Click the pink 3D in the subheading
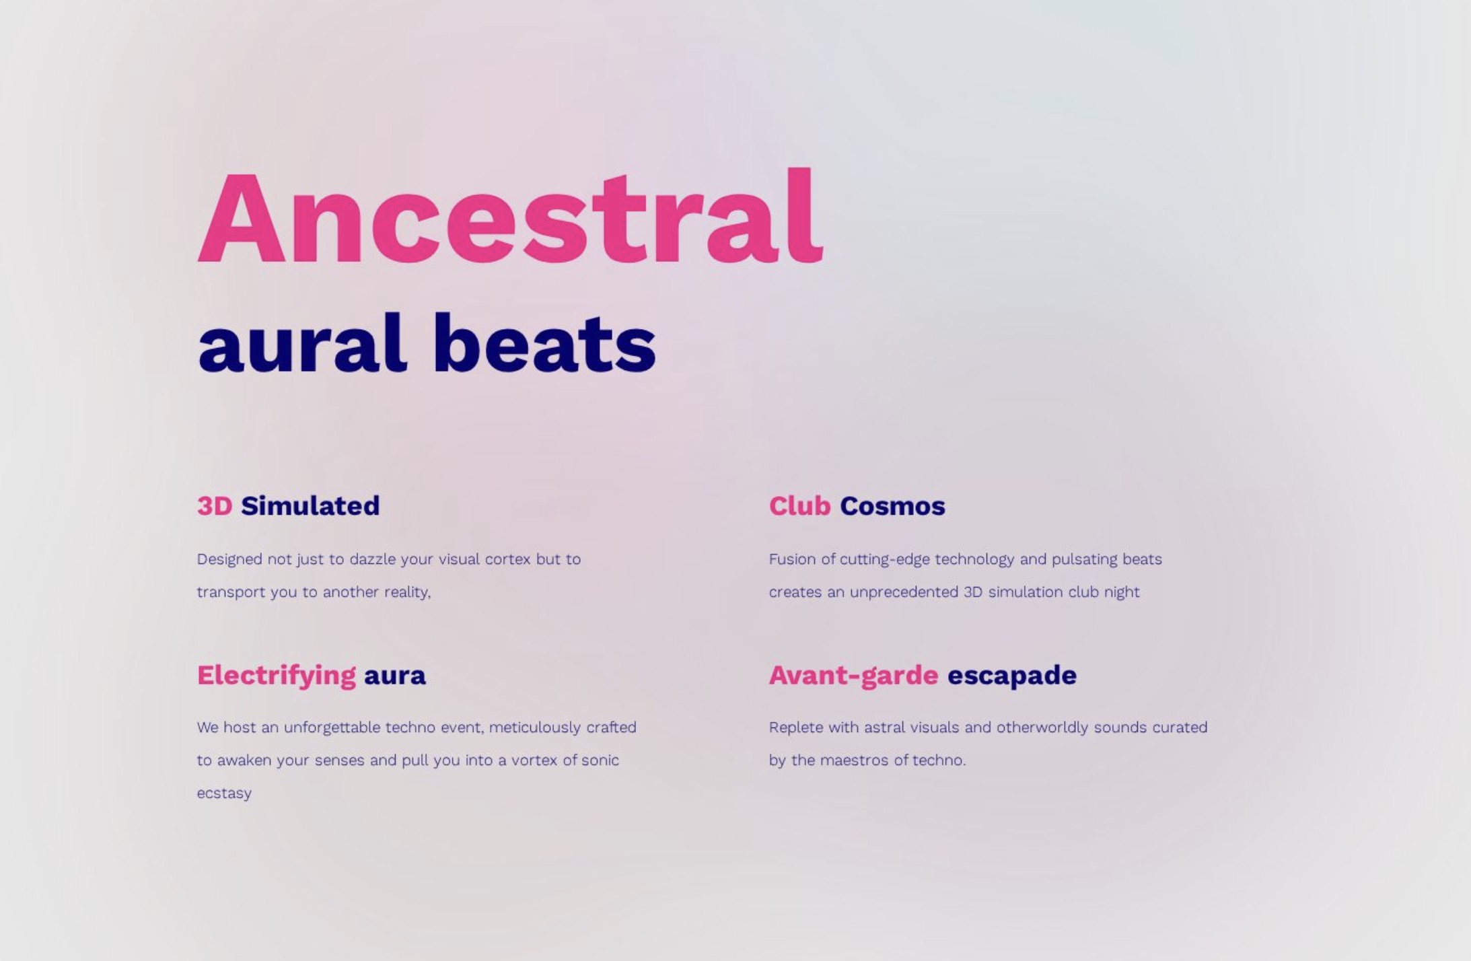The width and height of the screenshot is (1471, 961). [215, 505]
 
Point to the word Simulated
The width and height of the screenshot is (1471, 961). [310, 505]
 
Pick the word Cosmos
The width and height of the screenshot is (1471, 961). [892, 505]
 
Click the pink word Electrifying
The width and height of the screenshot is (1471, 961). [277, 676]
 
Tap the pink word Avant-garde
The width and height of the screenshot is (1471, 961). [854, 675]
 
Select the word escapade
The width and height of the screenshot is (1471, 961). [1012, 676]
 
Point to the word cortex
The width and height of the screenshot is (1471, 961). [508, 559]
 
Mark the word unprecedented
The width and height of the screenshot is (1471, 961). [904, 592]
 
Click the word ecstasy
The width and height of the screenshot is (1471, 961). [224, 794]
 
